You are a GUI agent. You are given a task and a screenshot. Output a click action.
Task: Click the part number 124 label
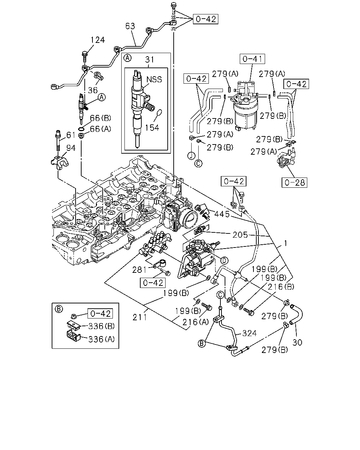tap(98, 40)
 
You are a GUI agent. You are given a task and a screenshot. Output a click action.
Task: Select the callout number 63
tap(130, 26)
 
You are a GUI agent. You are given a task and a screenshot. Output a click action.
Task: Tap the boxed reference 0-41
tap(252, 59)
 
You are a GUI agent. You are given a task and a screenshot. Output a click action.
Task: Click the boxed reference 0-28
tap(295, 182)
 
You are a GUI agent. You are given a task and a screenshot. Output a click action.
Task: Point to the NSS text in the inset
tap(154, 79)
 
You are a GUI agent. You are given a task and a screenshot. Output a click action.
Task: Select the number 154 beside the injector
tap(152, 128)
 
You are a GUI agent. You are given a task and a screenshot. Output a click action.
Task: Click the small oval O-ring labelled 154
tap(159, 112)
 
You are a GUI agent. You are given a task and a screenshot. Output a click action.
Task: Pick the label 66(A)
tap(101, 129)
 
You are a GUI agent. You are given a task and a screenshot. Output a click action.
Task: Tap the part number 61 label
tap(71, 135)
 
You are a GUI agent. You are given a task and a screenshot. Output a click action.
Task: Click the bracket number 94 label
tap(71, 148)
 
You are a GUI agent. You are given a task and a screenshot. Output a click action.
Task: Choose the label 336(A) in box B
tap(102, 339)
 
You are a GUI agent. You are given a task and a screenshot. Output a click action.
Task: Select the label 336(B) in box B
tap(102, 326)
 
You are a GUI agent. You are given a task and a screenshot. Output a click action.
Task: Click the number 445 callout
tap(222, 214)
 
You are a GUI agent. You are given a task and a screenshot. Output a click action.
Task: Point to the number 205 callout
tap(240, 235)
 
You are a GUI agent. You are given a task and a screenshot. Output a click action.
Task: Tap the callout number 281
tap(139, 270)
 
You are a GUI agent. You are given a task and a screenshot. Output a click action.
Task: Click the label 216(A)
tap(195, 322)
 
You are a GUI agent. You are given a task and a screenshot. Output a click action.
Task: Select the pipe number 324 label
tap(249, 333)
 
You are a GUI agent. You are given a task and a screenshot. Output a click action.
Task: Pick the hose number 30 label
tap(297, 342)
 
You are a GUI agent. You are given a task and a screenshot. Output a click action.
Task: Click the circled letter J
tap(191, 156)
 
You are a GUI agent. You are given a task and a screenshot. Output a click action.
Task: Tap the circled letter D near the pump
tap(224, 261)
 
